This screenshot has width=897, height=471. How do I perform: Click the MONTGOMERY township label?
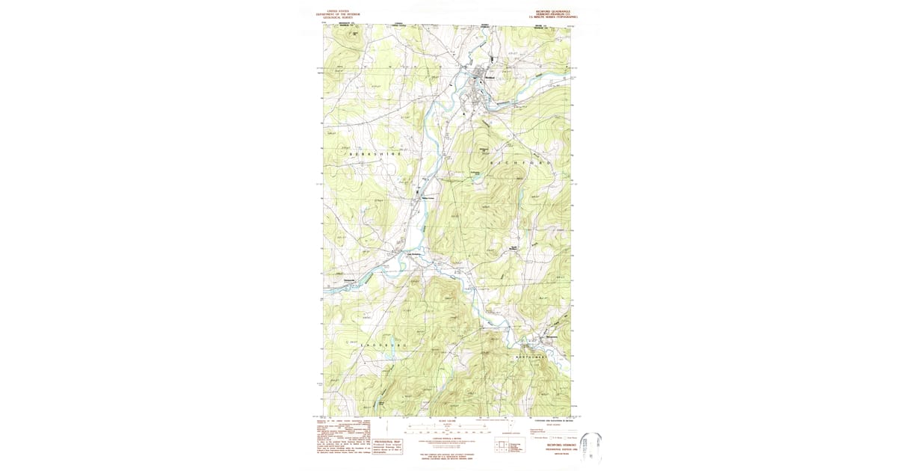(x=537, y=357)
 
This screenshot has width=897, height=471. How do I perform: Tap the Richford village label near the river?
(x=490, y=78)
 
